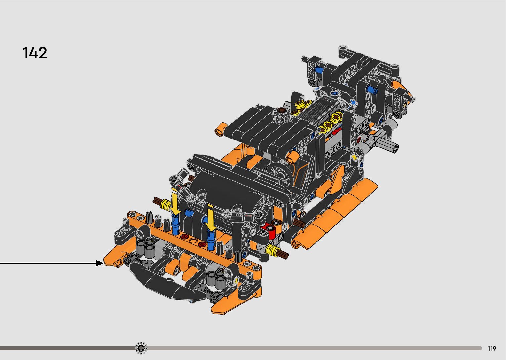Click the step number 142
coord(35,53)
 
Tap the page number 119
coord(492,348)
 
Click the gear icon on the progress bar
coord(141,348)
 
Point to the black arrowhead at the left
coord(99,263)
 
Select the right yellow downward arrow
coord(211,218)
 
